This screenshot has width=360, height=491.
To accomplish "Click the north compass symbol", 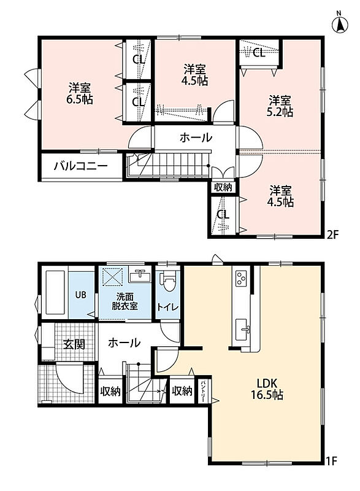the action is (339, 23).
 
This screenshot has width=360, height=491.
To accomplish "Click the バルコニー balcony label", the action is (81, 166).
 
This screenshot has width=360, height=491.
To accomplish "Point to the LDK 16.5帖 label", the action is (267, 389).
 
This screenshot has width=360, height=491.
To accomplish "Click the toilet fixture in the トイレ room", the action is (167, 280).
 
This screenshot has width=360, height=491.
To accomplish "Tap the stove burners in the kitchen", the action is (241, 278).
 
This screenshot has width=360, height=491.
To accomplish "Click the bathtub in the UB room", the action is (55, 293).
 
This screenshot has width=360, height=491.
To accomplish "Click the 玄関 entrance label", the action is (74, 344).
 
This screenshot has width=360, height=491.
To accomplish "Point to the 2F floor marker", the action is (332, 234).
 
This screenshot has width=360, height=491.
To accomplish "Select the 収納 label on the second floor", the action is (223, 187).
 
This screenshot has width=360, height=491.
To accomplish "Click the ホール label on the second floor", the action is (196, 137).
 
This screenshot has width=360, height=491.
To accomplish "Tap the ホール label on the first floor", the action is (124, 343).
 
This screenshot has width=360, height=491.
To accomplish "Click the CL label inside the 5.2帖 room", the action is (259, 53).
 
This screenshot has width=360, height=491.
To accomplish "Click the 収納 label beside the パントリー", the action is (182, 391).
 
